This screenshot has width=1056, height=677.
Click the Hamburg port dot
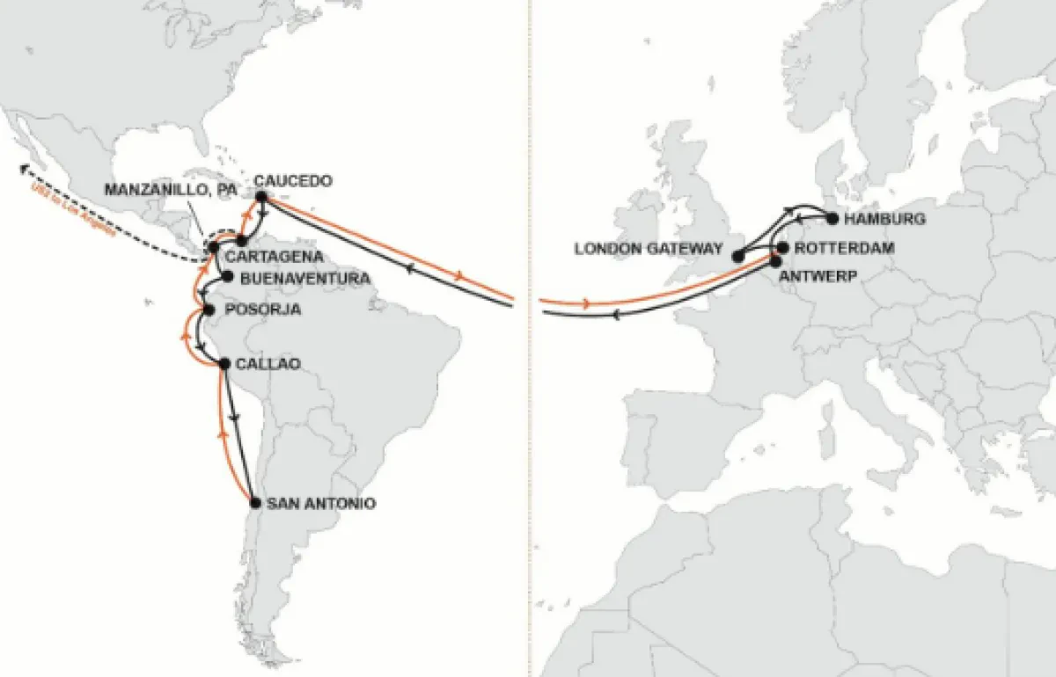(832, 218)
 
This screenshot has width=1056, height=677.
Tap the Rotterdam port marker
(782, 247)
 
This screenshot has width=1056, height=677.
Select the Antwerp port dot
(775, 261)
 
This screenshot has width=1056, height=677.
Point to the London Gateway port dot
(739, 256)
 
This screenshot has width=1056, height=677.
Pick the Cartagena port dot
(240, 240)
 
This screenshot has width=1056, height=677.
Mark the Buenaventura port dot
(227, 277)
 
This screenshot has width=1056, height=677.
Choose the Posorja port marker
(209, 309)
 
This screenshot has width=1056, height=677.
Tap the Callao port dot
(225, 363)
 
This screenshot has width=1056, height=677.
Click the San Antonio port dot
(255, 503)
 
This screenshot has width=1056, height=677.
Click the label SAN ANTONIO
(321, 504)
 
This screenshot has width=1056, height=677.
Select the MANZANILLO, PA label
(171, 190)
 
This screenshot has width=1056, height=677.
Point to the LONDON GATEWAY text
(647, 249)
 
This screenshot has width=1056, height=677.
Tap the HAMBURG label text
(884, 218)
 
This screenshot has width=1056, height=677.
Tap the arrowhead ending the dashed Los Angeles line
(26, 166)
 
